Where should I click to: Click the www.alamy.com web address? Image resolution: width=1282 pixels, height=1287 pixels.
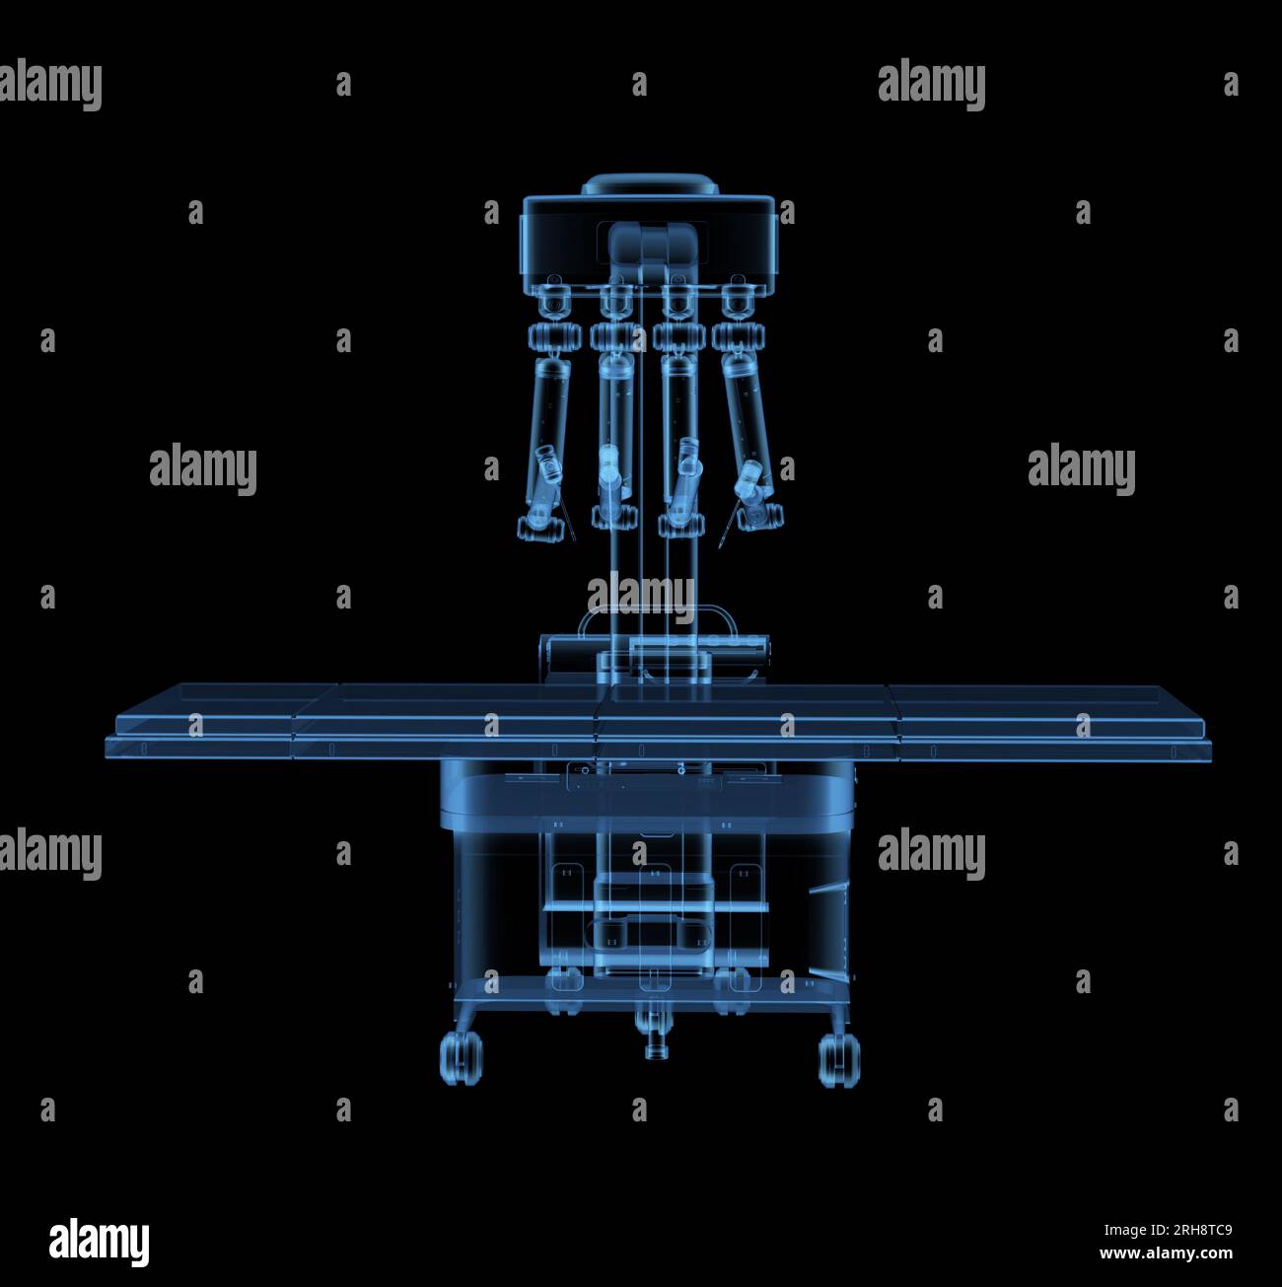click(x=1167, y=1252)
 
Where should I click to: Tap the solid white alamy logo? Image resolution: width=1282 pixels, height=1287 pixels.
click(x=99, y=1243)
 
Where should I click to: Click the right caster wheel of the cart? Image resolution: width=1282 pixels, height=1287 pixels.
click(x=840, y=1060)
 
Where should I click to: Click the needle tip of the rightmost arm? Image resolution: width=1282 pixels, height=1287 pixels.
click(x=720, y=547)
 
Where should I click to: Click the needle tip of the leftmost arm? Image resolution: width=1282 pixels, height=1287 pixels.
click(x=575, y=539)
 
